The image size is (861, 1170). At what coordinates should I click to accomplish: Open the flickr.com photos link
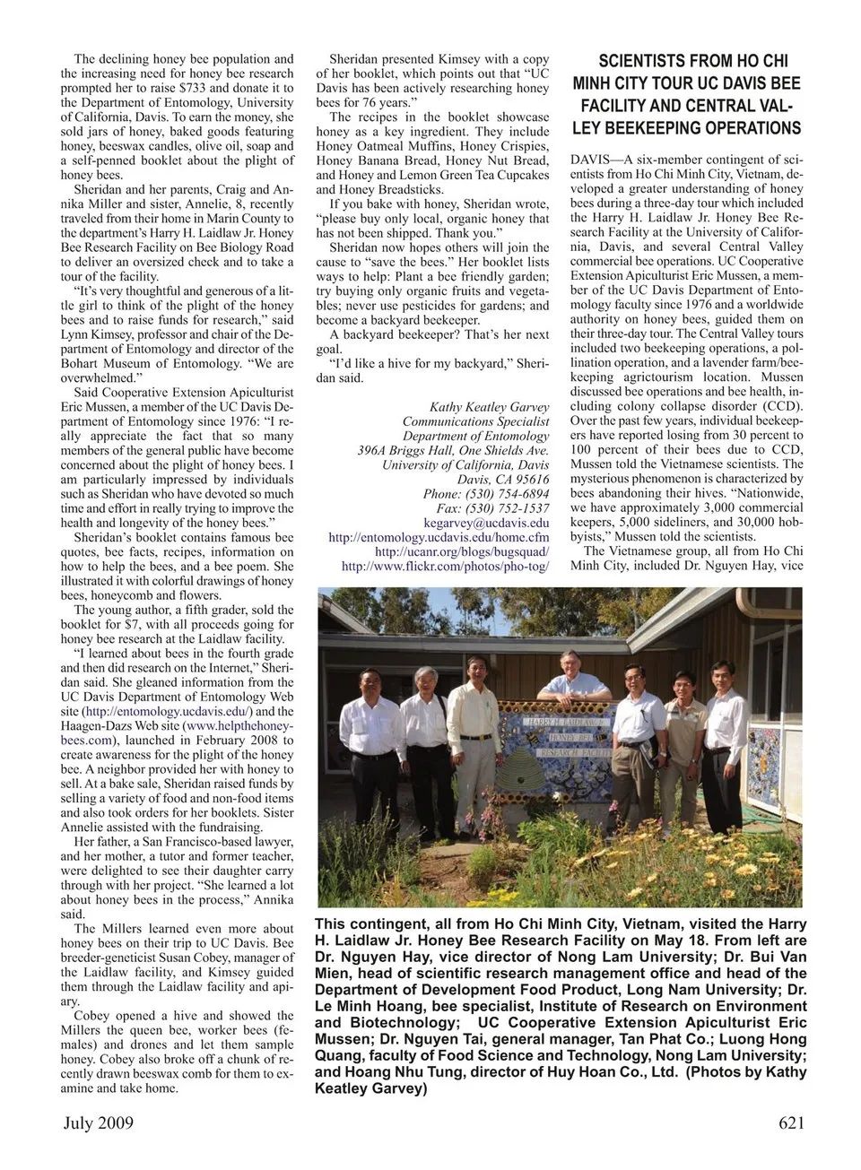tap(445, 566)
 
